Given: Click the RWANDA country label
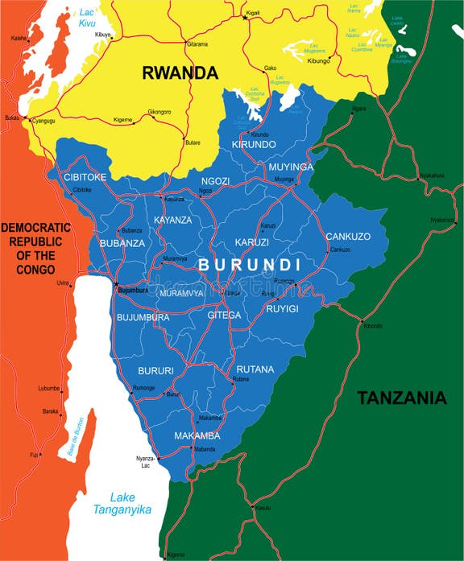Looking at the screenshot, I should (180, 72).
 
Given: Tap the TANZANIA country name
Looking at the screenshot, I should (401, 397).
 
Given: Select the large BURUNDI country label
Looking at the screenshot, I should (250, 265).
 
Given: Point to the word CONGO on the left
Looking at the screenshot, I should (36, 268).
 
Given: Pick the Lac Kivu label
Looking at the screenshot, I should (87, 18).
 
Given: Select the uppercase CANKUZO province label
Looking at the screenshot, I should (348, 237).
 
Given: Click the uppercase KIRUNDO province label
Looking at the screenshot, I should (254, 144).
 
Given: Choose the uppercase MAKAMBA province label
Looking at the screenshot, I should (197, 436).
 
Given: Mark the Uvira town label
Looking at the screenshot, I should (62, 283).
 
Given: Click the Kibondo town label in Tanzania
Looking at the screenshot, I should (373, 326).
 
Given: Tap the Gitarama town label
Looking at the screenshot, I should (197, 44).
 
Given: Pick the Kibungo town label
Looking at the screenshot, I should (320, 61).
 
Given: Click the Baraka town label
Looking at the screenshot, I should (50, 411).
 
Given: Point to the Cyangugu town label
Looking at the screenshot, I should (44, 121).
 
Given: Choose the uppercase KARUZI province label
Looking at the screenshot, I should (252, 242).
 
